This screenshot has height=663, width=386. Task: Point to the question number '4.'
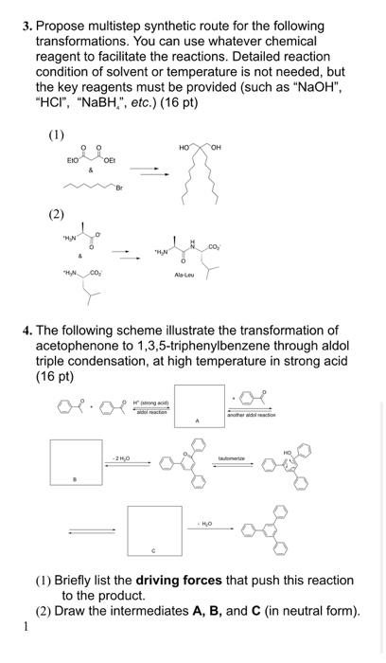click(31, 331)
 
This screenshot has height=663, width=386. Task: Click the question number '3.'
click(29, 26)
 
